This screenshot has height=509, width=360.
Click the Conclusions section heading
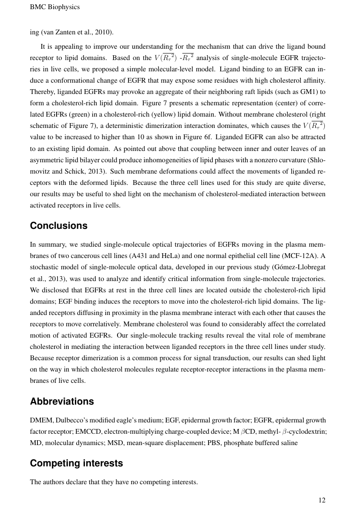coord(58,226)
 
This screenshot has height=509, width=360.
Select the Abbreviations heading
coord(62,401)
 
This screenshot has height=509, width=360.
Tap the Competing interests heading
coord(76,463)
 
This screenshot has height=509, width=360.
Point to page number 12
coord(322,500)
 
